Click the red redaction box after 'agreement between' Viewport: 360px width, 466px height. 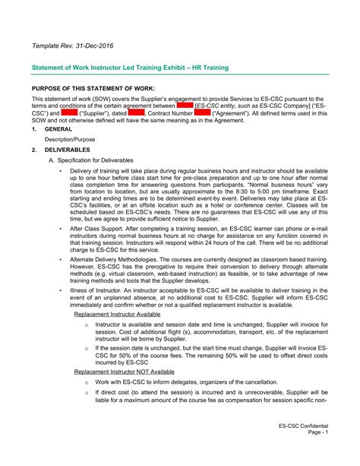(185, 106)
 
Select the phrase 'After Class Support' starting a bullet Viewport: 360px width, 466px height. (97, 228)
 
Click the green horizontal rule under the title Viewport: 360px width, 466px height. (180, 75)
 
